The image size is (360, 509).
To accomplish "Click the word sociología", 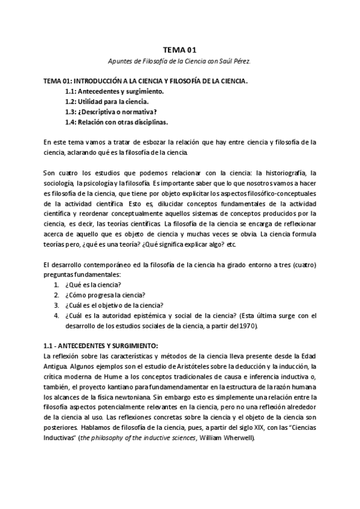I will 58,182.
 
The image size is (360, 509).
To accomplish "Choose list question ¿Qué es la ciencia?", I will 95,284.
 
